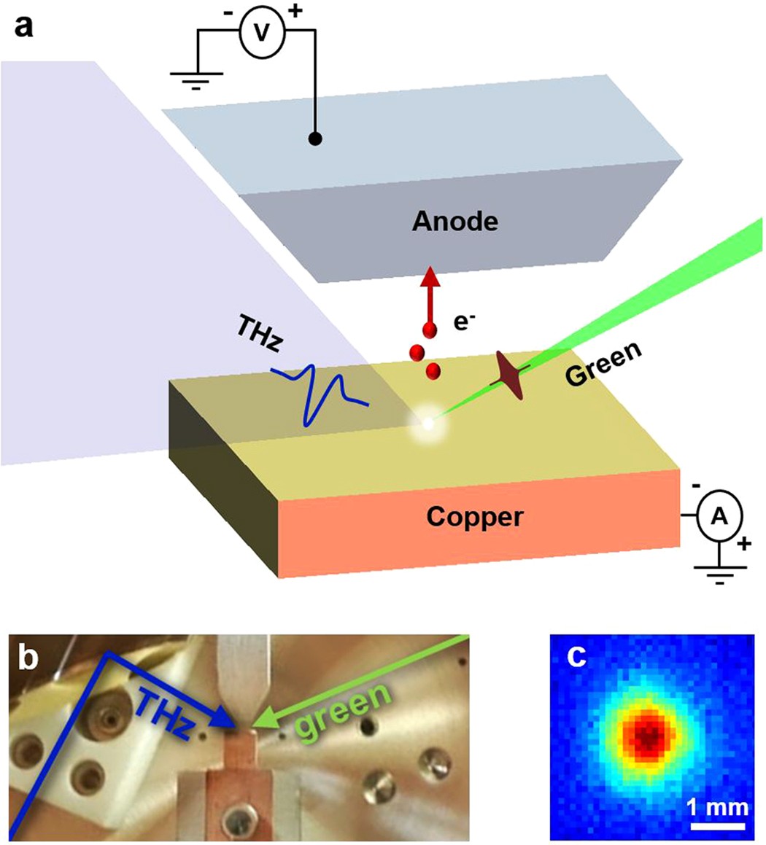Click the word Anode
tap(454, 220)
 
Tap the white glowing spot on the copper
tap(428, 423)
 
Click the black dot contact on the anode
tap(316, 138)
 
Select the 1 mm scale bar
tap(718, 825)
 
